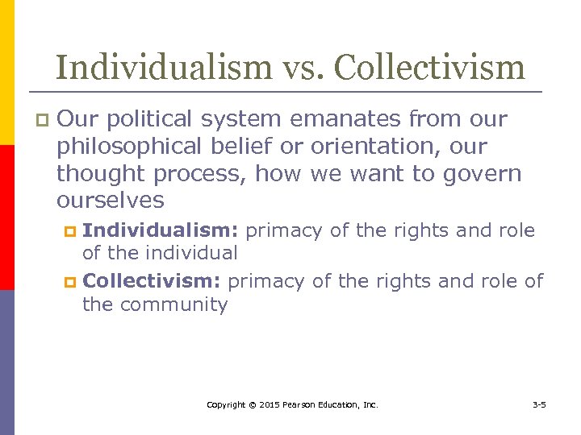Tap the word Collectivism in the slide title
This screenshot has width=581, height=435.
tap(429, 67)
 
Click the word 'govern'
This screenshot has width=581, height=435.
tap(485, 173)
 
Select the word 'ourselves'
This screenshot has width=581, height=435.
tap(111, 200)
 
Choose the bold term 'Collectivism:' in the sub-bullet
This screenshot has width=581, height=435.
tap(153, 280)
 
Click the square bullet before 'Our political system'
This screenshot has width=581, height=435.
tap(43, 121)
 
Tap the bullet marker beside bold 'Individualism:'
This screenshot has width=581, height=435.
tap(69, 232)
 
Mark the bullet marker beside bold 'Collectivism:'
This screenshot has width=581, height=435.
tap(69, 282)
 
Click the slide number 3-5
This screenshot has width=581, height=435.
tap(539, 404)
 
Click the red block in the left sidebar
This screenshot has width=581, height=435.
tap(7, 217)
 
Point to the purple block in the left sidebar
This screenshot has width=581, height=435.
tap(7, 362)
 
